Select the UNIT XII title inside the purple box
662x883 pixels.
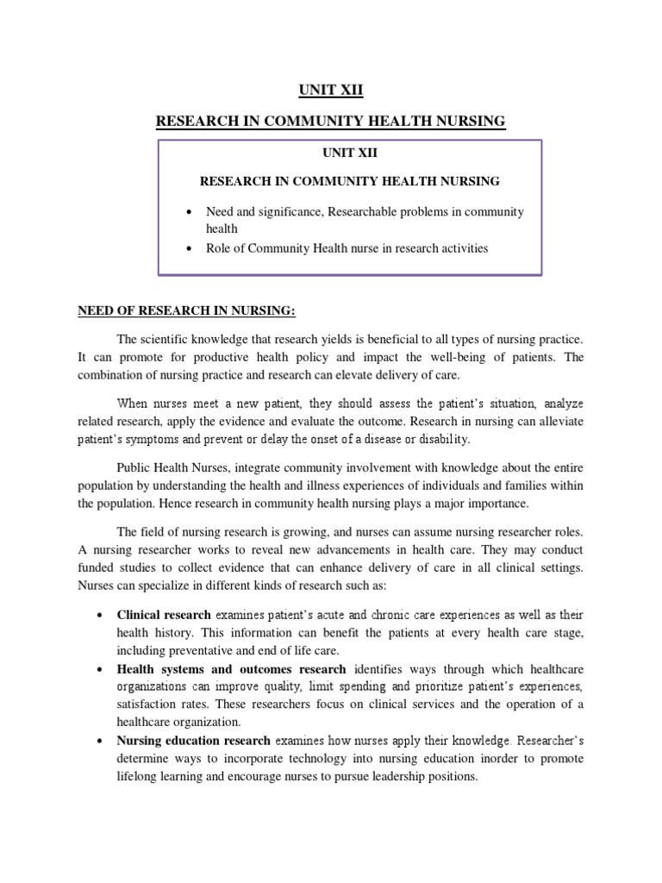pos(349,153)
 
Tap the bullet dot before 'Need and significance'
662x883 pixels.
pos(186,212)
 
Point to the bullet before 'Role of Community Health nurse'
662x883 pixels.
pos(186,248)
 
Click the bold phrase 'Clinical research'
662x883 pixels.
pos(164,615)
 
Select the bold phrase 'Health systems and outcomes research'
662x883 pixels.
pos(231,669)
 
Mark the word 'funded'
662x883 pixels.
pos(118,567)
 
